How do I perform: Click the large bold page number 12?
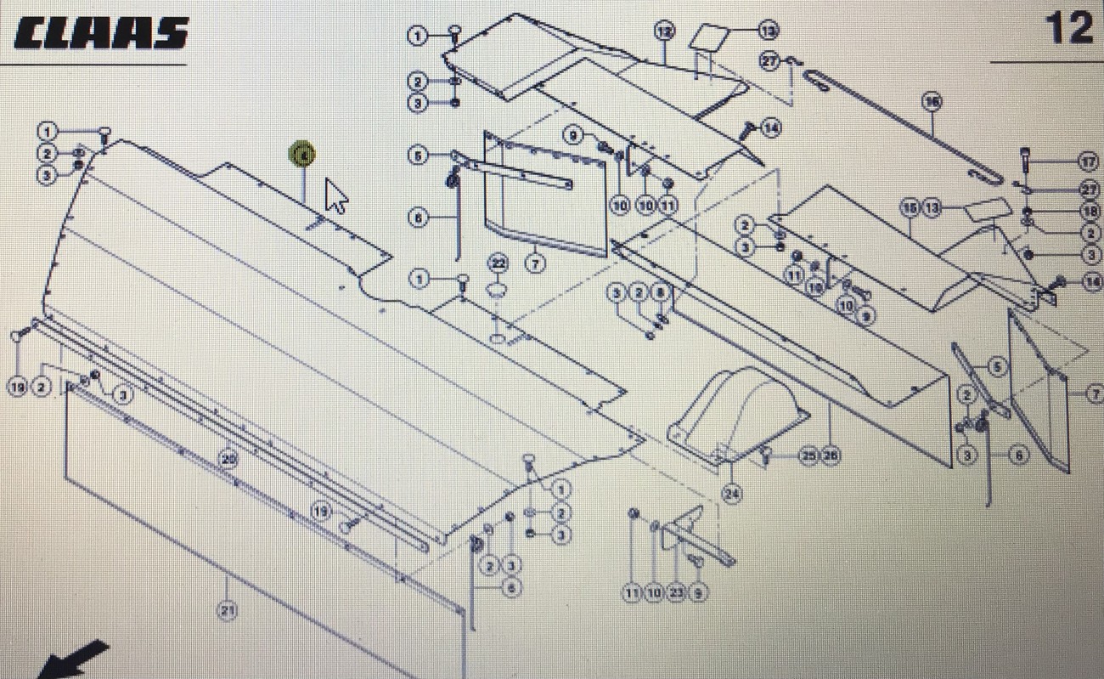(x=1068, y=28)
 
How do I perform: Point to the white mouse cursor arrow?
(x=335, y=196)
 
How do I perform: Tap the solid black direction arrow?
(x=75, y=659)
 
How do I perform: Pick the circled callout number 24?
(x=731, y=493)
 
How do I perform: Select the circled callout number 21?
(x=227, y=610)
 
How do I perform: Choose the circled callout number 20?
(x=228, y=459)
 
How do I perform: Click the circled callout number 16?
(x=932, y=102)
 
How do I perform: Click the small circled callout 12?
(x=664, y=31)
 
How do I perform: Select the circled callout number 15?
(x=910, y=207)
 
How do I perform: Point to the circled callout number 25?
(x=808, y=456)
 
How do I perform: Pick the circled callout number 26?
(x=830, y=456)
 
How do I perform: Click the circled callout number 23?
(x=676, y=594)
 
